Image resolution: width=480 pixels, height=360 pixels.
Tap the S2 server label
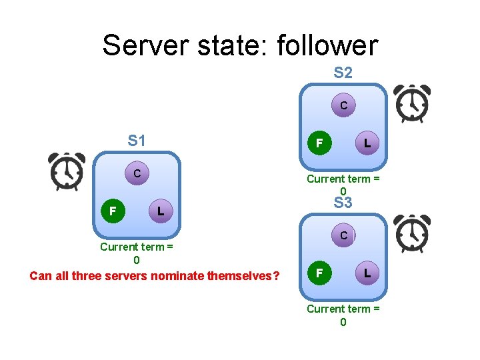343,73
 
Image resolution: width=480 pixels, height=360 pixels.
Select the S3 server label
343,203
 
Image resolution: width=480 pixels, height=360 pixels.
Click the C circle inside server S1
137,173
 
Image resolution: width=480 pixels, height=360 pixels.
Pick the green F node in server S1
113,211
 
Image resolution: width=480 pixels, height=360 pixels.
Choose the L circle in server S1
160,211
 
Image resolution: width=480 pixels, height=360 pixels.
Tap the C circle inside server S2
343,105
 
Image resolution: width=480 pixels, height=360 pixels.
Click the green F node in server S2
319,143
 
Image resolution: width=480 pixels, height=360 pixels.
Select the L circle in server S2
367,142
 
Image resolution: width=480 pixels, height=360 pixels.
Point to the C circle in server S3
343,235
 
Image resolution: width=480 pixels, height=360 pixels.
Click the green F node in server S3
319,273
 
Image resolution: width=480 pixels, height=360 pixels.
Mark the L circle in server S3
367,273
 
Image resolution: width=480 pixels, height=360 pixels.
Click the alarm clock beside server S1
67,171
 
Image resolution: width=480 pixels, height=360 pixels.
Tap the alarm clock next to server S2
411,104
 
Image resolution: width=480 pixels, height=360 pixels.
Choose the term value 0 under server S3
343,322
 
